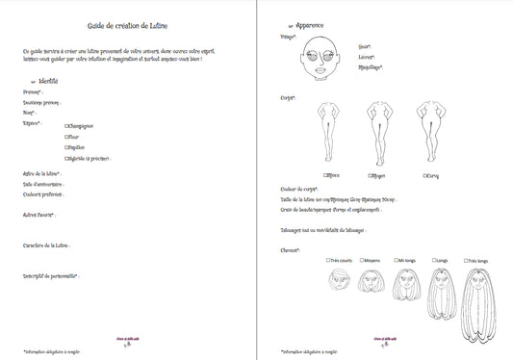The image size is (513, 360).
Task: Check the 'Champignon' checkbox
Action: coord(67,125)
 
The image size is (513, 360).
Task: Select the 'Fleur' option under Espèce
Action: coord(67,137)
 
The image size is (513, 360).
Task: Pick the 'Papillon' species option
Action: coord(67,147)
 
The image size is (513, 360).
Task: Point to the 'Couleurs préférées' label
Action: coord(41,191)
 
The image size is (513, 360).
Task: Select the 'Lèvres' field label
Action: coord(365,57)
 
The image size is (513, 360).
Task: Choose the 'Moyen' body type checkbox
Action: coord(372,176)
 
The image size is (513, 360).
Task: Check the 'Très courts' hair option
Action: coord(328,260)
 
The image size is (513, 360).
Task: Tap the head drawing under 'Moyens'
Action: coord(372,281)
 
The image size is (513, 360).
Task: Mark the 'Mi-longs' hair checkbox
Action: coord(396,260)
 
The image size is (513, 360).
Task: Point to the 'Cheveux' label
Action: coord(290,250)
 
